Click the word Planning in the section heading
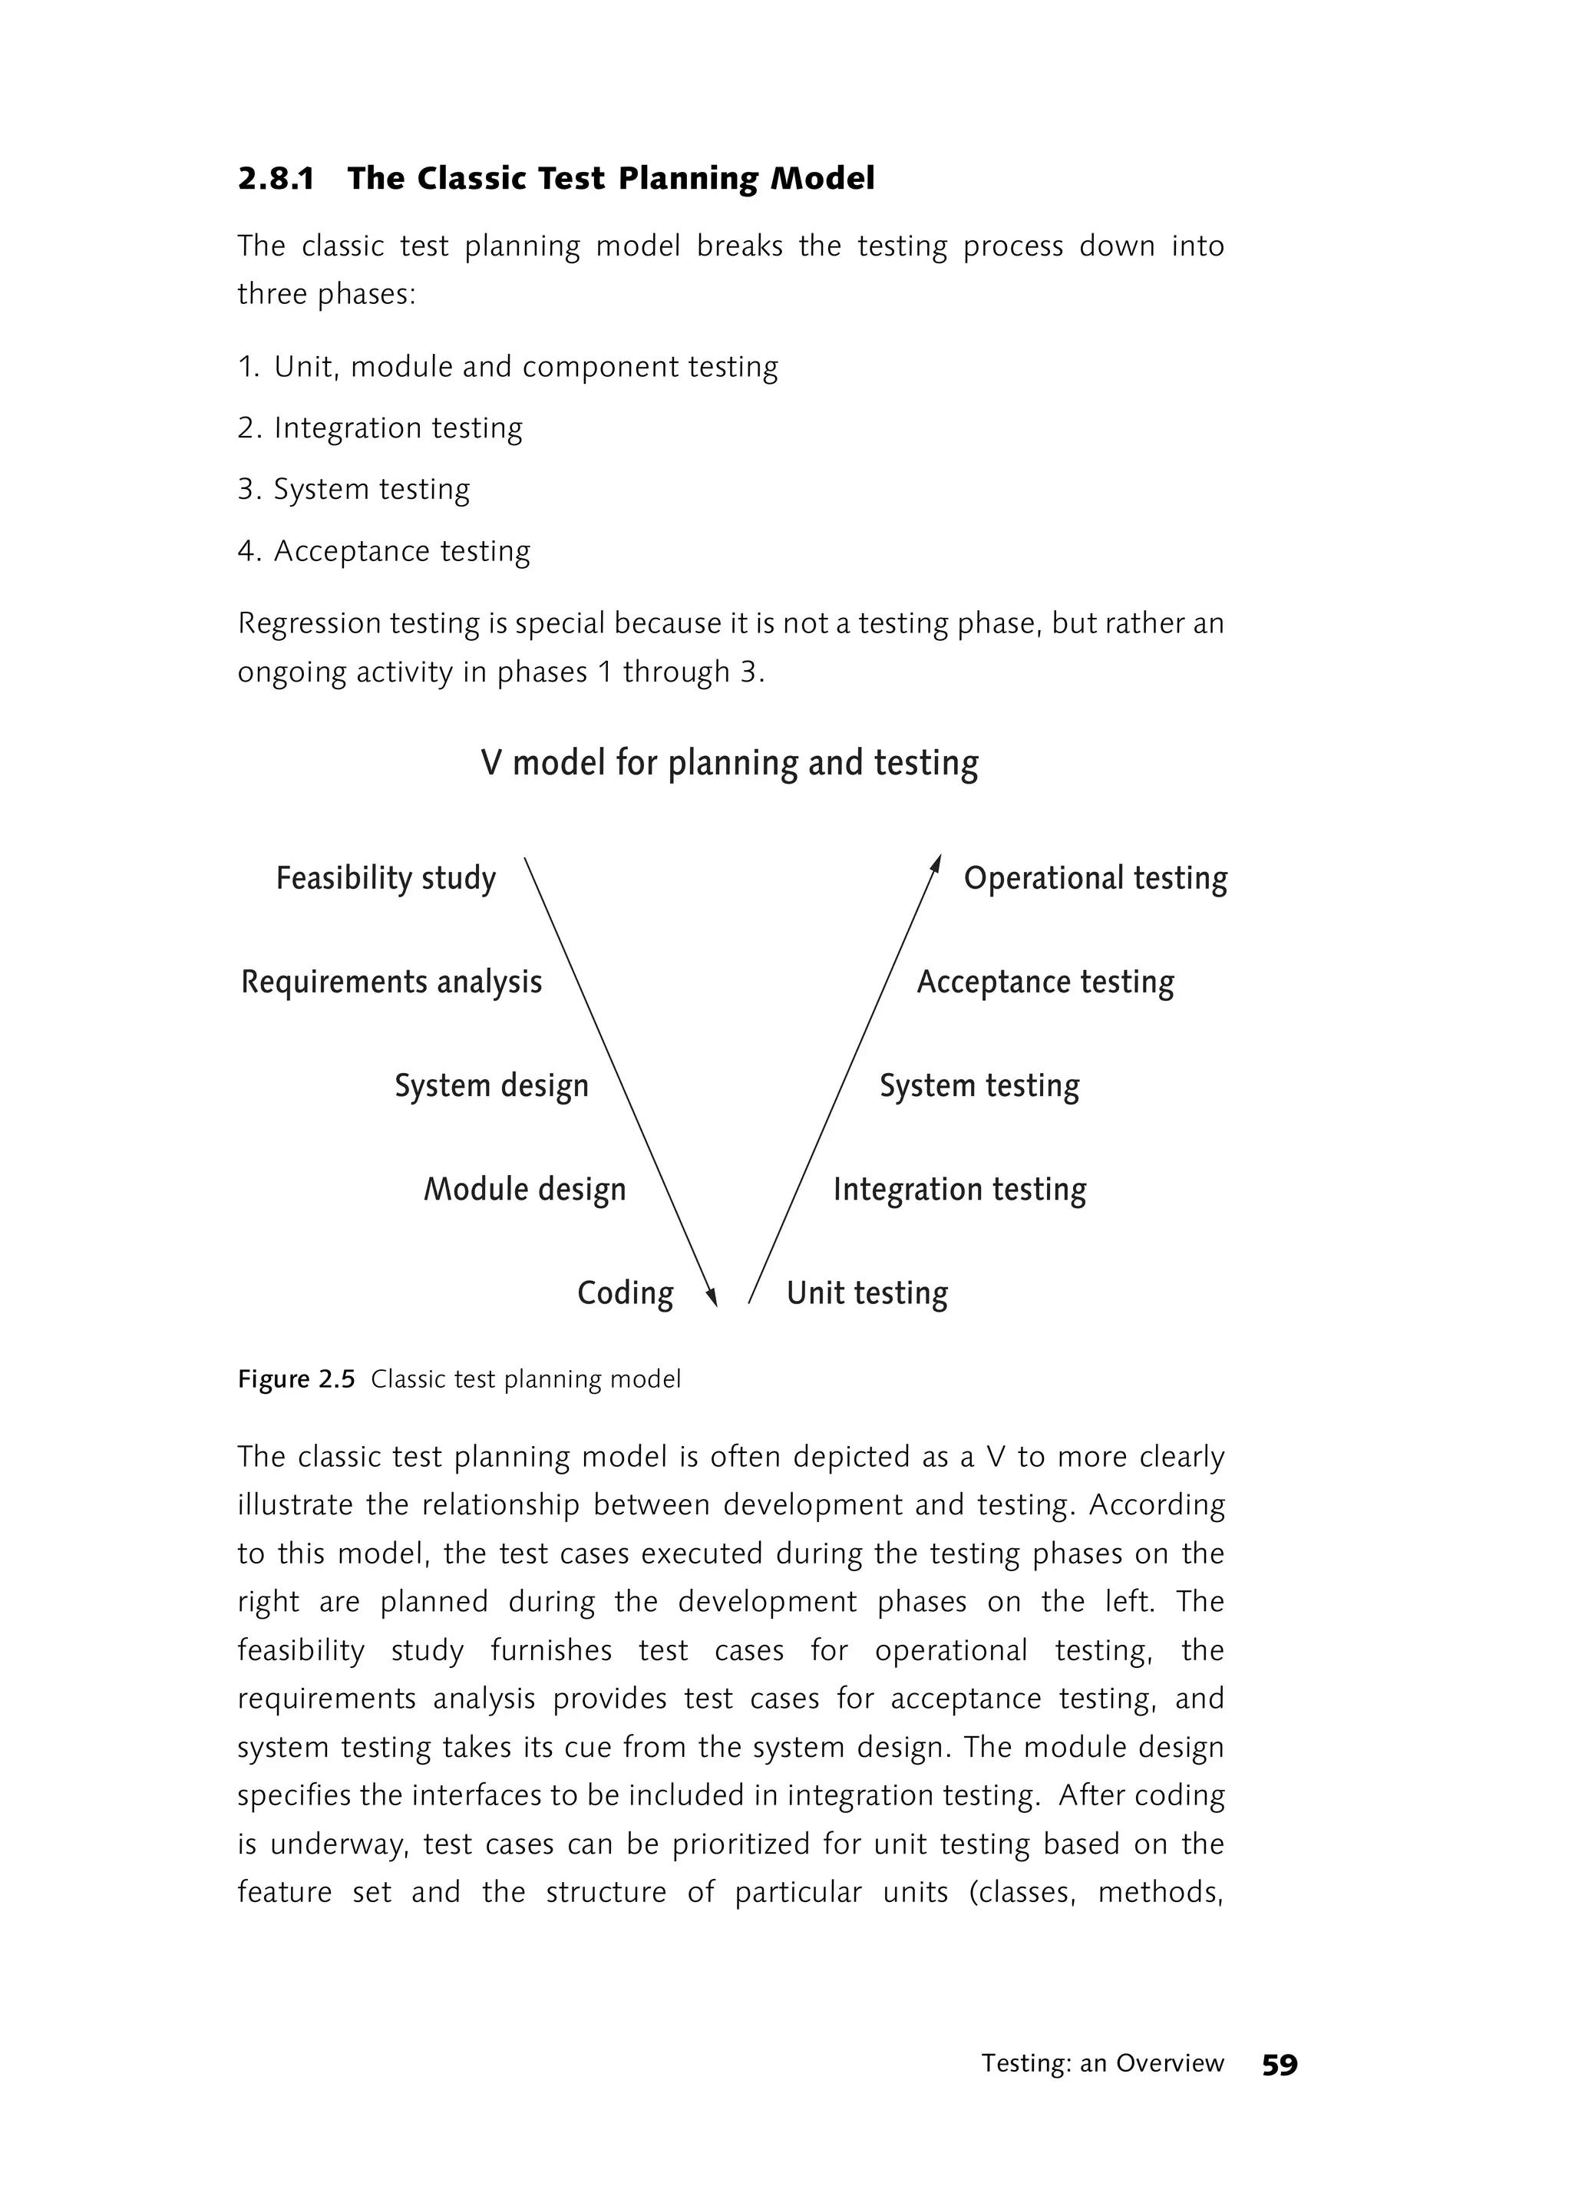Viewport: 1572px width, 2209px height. click(689, 179)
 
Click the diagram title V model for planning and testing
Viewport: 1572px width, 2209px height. click(729, 763)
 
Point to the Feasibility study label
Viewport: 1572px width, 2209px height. click(385, 878)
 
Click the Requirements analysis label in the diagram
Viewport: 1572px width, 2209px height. click(391, 982)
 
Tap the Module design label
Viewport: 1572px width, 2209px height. click(525, 1189)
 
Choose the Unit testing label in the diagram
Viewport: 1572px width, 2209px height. click(867, 1293)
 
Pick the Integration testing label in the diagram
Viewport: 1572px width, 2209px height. click(959, 1189)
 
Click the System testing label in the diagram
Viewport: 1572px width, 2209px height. click(979, 1085)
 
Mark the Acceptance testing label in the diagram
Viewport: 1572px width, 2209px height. click(1045, 982)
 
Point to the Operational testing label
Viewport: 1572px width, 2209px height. click(1095, 878)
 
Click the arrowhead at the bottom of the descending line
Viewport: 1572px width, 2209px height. click(712, 1297)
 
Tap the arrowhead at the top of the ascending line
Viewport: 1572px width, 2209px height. click(936, 864)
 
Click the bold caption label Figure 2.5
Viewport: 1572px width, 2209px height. click(296, 1379)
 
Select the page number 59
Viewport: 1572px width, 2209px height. click(1279, 2065)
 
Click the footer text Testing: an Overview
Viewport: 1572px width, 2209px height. click(1102, 2064)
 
